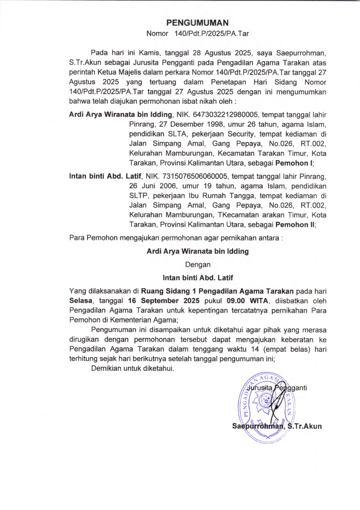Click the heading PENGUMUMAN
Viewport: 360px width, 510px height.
pos(198,23)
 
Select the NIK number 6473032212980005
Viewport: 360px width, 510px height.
pos(225,114)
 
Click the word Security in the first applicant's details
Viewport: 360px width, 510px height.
pos(241,134)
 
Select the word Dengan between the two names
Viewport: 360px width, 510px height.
pos(198,265)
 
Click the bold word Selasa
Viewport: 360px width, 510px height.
pos(81,301)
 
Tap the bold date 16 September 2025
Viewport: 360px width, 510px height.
pos(164,301)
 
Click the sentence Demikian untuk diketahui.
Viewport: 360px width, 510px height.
pos(133,369)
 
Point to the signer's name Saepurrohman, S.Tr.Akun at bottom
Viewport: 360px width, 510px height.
pos(277,426)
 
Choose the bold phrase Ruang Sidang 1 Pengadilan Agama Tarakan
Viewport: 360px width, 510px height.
pos(217,291)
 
